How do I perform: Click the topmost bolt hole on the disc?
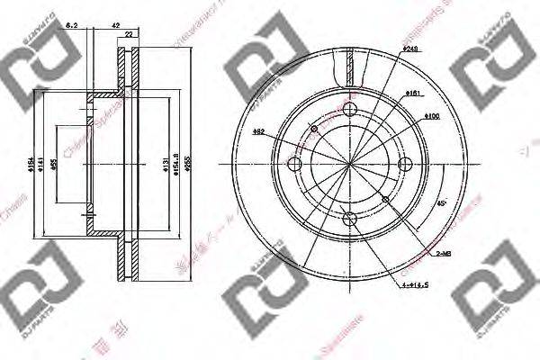click(349, 109)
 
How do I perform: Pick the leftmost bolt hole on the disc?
click(293, 164)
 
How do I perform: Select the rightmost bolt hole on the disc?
click(404, 164)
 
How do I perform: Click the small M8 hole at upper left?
click(313, 129)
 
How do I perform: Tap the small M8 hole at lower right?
click(385, 199)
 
